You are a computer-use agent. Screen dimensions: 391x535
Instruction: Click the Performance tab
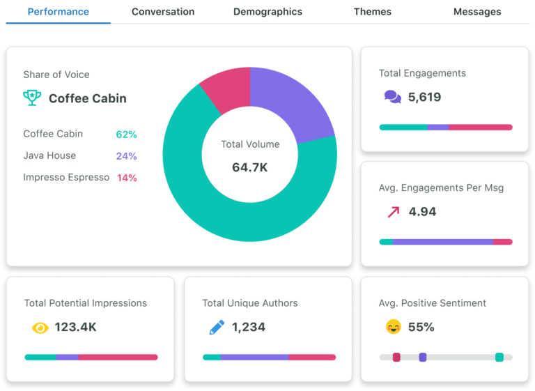59,12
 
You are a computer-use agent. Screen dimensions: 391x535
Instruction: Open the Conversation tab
163,12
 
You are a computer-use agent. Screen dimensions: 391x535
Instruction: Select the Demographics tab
267,12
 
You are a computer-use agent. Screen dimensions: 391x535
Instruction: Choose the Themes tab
372,12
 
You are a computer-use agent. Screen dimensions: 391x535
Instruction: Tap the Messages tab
477,12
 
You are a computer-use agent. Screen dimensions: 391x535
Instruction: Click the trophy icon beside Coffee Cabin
32,98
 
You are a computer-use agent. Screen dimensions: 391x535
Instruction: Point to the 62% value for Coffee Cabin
126,135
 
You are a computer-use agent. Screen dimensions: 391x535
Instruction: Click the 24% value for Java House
126,156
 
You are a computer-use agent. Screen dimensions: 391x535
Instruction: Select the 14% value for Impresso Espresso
127,178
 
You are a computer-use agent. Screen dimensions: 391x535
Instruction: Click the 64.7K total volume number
249,167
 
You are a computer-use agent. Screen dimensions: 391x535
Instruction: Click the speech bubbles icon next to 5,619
393,97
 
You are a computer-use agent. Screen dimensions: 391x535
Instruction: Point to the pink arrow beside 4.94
393,212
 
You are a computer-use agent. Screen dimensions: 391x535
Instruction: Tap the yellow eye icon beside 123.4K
40,327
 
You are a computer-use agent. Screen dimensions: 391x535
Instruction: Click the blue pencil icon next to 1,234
217,327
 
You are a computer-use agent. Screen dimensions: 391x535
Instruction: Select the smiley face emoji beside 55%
394,326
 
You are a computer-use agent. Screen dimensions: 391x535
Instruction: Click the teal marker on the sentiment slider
499,357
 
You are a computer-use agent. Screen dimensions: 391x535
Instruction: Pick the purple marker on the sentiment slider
422,357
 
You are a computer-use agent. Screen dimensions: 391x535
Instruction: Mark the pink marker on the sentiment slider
396,357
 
